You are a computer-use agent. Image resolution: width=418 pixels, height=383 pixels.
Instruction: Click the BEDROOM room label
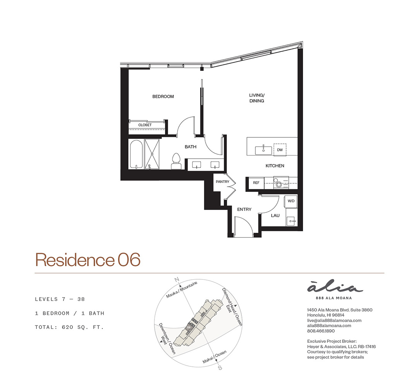tap(163, 96)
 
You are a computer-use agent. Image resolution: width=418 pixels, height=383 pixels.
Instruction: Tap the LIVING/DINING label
tap(257, 98)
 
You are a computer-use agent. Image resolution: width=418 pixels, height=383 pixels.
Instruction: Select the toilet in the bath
tap(176, 161)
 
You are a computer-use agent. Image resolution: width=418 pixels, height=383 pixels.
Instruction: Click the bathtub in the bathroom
tap(136, 155)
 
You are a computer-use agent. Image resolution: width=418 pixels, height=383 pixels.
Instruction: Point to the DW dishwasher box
tap(280, 150)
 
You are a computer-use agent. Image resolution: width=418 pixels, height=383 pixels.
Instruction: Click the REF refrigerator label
tap(256, 183)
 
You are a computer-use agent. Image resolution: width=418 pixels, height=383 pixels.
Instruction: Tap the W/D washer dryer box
tap(291, 201)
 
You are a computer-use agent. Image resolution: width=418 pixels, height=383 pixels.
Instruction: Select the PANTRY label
tap(223, 181)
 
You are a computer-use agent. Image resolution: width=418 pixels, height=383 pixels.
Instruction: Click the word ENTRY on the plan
tap(244, 210)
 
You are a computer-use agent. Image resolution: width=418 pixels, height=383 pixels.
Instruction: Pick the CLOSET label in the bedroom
tap(145, 125)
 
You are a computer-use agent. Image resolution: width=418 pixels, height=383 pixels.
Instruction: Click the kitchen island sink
tap(264, 150)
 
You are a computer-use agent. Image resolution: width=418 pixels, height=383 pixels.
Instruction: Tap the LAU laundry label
tap(275, 215)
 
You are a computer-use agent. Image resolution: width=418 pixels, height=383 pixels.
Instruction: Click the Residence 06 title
tap(88, 260)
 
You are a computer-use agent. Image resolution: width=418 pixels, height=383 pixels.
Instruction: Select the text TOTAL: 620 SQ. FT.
tap(69, 327)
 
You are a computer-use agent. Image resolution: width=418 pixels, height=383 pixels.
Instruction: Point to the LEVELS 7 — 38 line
tap(60, 299)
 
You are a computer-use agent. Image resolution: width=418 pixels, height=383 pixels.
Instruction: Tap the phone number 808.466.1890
tap(321, 331)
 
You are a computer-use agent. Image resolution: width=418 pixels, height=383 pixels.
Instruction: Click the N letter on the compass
tap(176, 280)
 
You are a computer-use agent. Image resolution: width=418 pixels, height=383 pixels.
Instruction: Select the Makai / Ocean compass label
tap(214, 357)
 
